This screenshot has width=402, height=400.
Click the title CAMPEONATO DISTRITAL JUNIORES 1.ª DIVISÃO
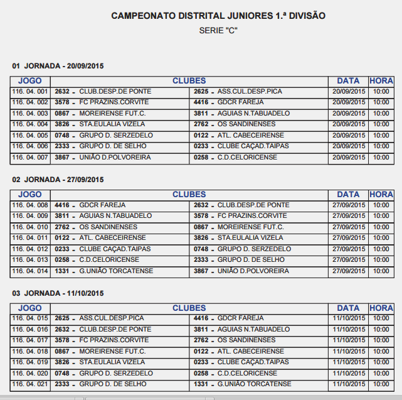[x=218, y=15]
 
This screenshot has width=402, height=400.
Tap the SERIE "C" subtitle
[x=218, y=30]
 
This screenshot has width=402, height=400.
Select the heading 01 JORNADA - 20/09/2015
[x=58, y=66]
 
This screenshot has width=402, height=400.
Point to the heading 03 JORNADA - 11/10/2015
[x=58, y=293]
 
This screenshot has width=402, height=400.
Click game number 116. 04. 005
[x=30, y=136]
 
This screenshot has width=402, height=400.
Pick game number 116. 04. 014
[x=30, y=271]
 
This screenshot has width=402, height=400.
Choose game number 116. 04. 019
[x=30, y=362]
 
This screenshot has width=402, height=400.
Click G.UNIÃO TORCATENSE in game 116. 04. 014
[x=115, y=271]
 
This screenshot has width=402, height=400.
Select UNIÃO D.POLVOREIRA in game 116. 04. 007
[x=115, y=158]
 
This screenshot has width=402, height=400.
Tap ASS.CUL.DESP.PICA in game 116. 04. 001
[x=250, y=92]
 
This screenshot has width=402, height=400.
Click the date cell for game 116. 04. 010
[x=348, y=227]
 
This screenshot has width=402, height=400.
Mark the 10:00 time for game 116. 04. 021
[x=381, y=384]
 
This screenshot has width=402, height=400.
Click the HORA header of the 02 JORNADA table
[x=381, y=195]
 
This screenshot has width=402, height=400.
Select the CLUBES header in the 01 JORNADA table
[x=189, y=81]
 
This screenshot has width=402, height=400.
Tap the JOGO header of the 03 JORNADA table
[x=30, y=308]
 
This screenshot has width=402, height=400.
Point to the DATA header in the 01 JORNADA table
[x=348, y=81]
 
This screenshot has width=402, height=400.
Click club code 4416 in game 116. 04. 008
[x=62, y=205]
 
